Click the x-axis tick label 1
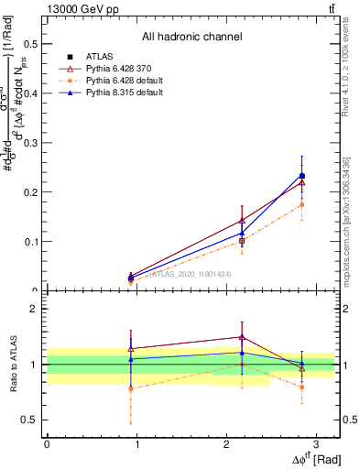(x=136, y=443)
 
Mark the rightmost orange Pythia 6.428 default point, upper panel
(x=302, y=204)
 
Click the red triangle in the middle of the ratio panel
(x=242, y=337)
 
